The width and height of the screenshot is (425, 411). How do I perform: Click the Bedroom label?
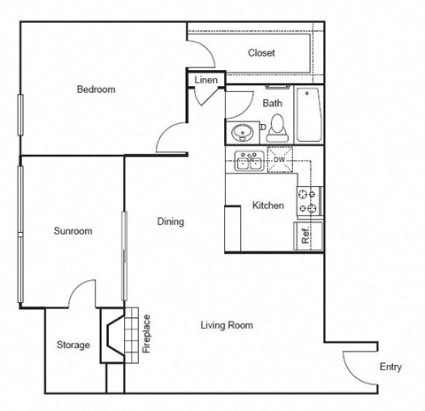click(96, 89)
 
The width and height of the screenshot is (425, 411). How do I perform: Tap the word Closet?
click(261, 53)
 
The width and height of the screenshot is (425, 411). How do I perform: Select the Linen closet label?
click(205, 81)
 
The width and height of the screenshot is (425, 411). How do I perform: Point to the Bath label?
click(272, 104)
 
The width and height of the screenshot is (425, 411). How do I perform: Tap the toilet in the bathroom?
click(276, 128)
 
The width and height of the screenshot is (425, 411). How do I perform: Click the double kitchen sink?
click(246, 161)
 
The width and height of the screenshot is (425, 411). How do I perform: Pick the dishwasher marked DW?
click(279, 161)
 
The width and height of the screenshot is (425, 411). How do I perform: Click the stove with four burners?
click(309, 201)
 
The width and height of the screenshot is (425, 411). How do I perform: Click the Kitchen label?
click(268, 205)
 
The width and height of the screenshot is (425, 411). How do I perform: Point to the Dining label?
click(171, 221)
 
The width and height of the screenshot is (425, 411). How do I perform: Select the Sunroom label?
click(73, 231)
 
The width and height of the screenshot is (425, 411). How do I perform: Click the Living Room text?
click(227, 325)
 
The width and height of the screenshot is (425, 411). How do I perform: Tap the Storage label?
click(73, 345)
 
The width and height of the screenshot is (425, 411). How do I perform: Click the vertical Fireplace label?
click(147, 335)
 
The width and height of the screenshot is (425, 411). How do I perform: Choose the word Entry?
click(390, 367)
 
